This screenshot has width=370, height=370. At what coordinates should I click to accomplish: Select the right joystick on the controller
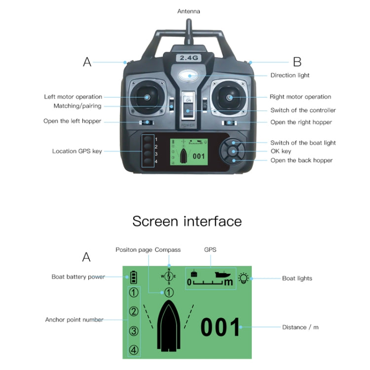[x=229, y=97]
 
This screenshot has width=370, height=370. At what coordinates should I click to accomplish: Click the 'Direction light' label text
[x=290, y=75]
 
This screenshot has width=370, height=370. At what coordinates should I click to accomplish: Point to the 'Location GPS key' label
[x=77, y=151]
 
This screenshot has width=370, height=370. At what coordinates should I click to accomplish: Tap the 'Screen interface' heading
[x=187, y=221]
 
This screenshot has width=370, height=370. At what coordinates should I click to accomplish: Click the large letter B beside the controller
[x=297, y=62]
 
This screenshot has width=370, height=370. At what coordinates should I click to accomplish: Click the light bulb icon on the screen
[x=243, y=278]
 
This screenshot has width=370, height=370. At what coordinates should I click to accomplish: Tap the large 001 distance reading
[x=221, y=328]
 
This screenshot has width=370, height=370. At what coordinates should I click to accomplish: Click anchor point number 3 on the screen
[x=134, y=331]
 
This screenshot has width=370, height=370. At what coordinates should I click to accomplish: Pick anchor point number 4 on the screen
[x=134, y=350]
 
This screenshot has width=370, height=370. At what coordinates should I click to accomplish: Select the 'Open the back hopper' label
[x=301, y=160]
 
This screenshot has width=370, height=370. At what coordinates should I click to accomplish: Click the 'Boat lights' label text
[x=297, y=278]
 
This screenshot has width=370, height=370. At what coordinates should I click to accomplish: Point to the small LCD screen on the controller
[x=188, y=152]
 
